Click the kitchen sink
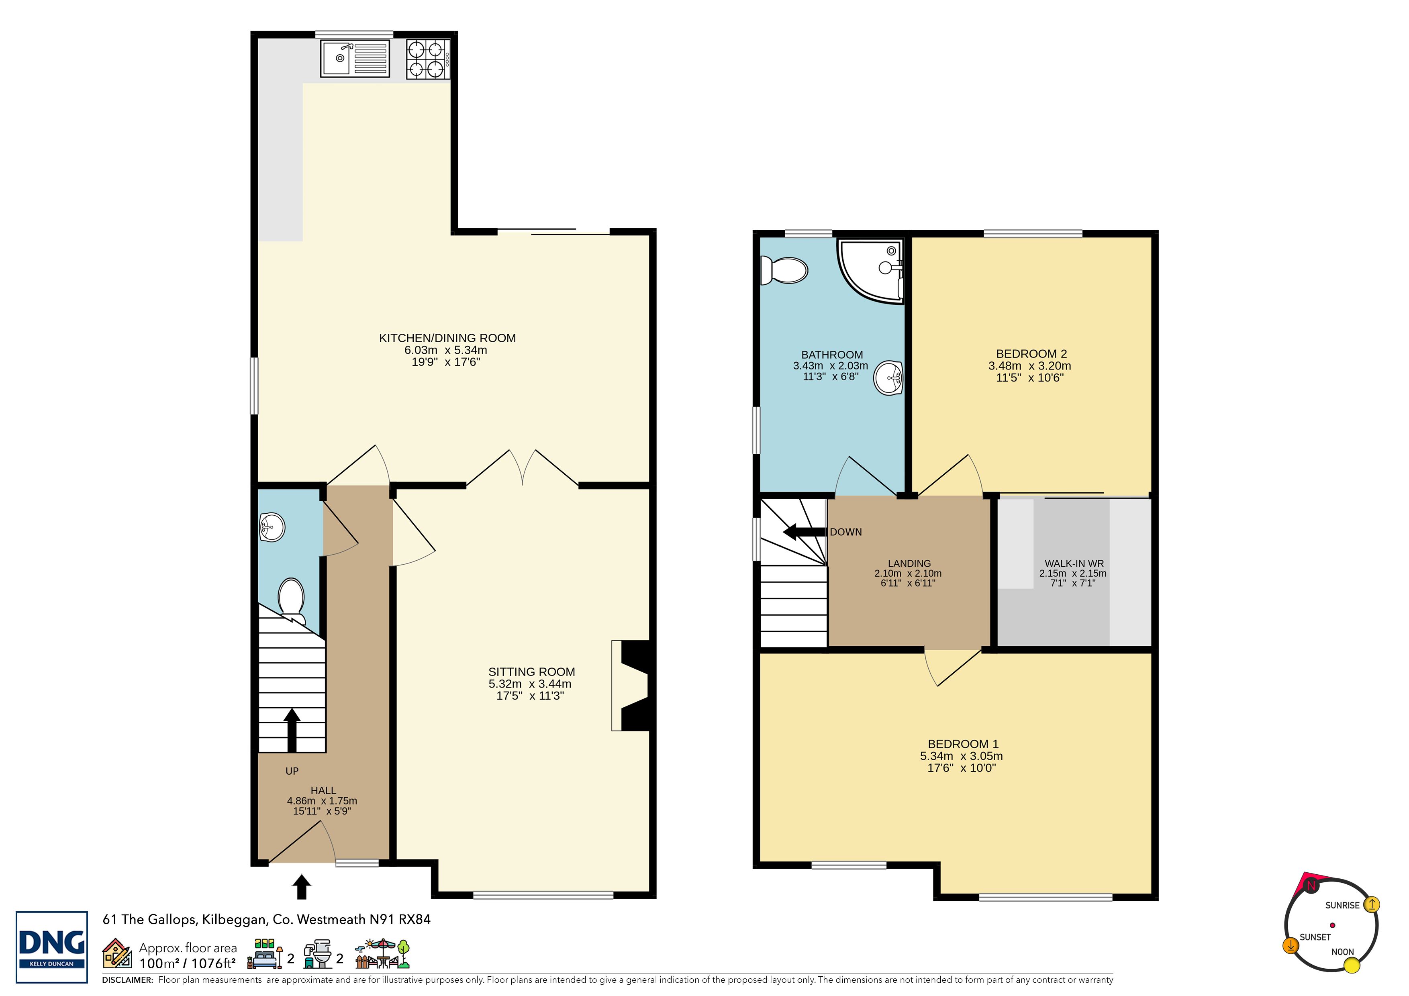point(355,58)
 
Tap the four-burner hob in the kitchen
point(428,59)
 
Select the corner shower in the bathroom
point(872,271)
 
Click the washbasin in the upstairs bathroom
point(888,377)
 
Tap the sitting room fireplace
point(631,686)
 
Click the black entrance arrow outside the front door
point(301,887)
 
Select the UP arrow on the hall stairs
point(292,730)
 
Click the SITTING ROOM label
point(531,672)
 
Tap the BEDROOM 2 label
point(1031,354)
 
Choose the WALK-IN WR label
point(1074,563)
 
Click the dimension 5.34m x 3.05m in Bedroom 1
point(962,756)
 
